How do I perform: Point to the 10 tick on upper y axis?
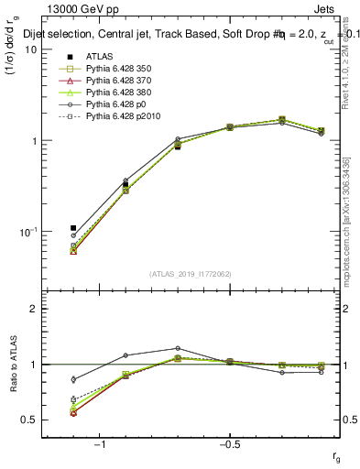tap(30, 49)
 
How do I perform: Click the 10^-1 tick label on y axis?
tap(27, 232)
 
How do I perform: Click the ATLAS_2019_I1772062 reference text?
tap(190, 274)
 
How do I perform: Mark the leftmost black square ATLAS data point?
tap(73, 228)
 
